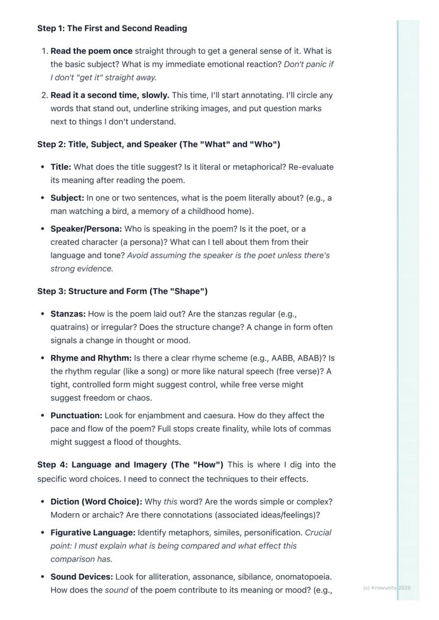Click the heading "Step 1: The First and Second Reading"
[112, 29]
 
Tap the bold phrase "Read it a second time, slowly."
[110, 95]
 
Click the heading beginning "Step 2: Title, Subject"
[159, 145]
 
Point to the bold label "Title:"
[60, 167]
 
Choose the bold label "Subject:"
[67, 198]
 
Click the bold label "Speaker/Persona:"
[86, 229]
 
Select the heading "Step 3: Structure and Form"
[122, 292]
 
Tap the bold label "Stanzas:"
[68, 314]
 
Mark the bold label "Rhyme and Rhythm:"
[91, 358]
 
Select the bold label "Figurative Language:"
[93, 533]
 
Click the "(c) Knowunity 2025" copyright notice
[387, 588]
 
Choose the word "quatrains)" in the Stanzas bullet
[69, 327]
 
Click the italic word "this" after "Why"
[170, 501]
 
